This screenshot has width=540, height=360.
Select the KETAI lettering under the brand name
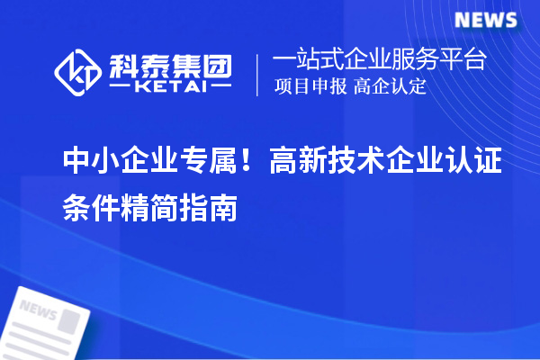pyautogui.click(x=171, y=87)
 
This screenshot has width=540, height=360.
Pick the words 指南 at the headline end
pyautogui.click(x=216, y=209)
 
